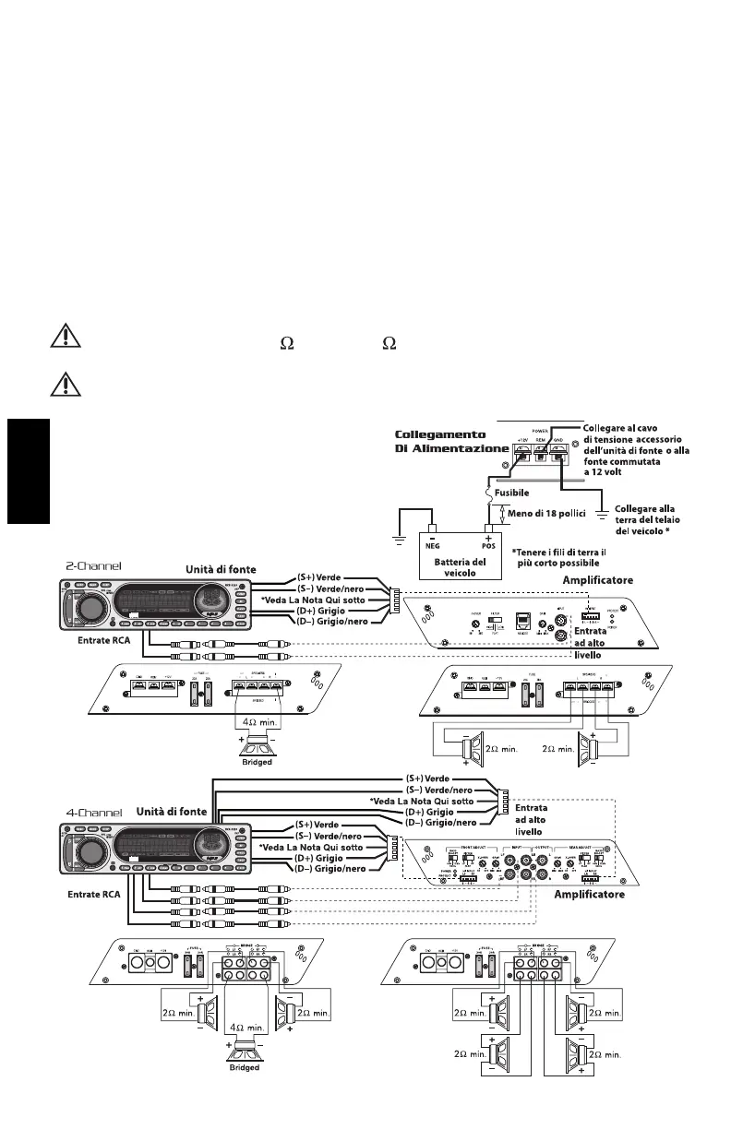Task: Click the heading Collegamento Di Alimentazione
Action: click(x=452, y=441)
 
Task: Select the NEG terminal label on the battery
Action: click(x=430, y=545)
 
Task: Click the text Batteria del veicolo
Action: click(x=459, y=567)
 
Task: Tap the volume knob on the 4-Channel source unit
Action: click(x=94, y=853)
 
